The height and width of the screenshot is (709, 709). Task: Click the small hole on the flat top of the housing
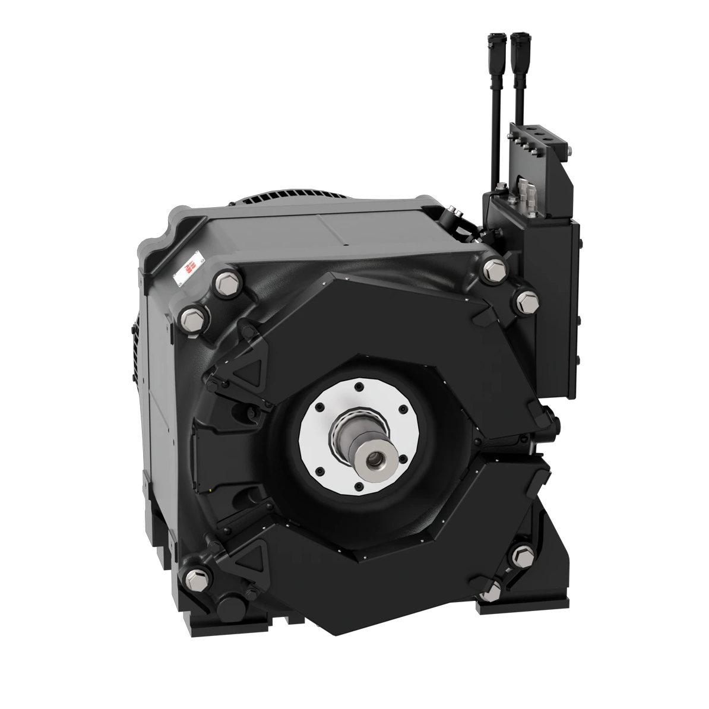click(x=344, y=243)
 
